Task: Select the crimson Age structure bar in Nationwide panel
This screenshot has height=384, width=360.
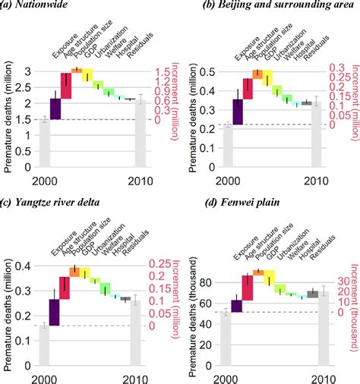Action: (66, 85)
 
